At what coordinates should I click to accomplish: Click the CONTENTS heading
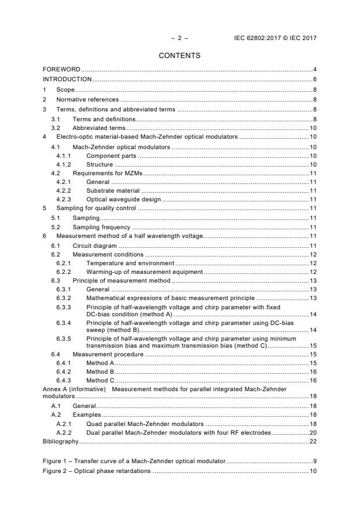(x=180, y=56)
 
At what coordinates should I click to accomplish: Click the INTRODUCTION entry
(x=67, y=79)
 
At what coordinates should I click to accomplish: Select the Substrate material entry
(x=113, y=190)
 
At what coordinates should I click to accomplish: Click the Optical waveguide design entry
(x=124, y=199)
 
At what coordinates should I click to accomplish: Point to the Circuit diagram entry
(x=95, y=246)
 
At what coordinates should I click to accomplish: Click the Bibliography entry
(x=63, y=442)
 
